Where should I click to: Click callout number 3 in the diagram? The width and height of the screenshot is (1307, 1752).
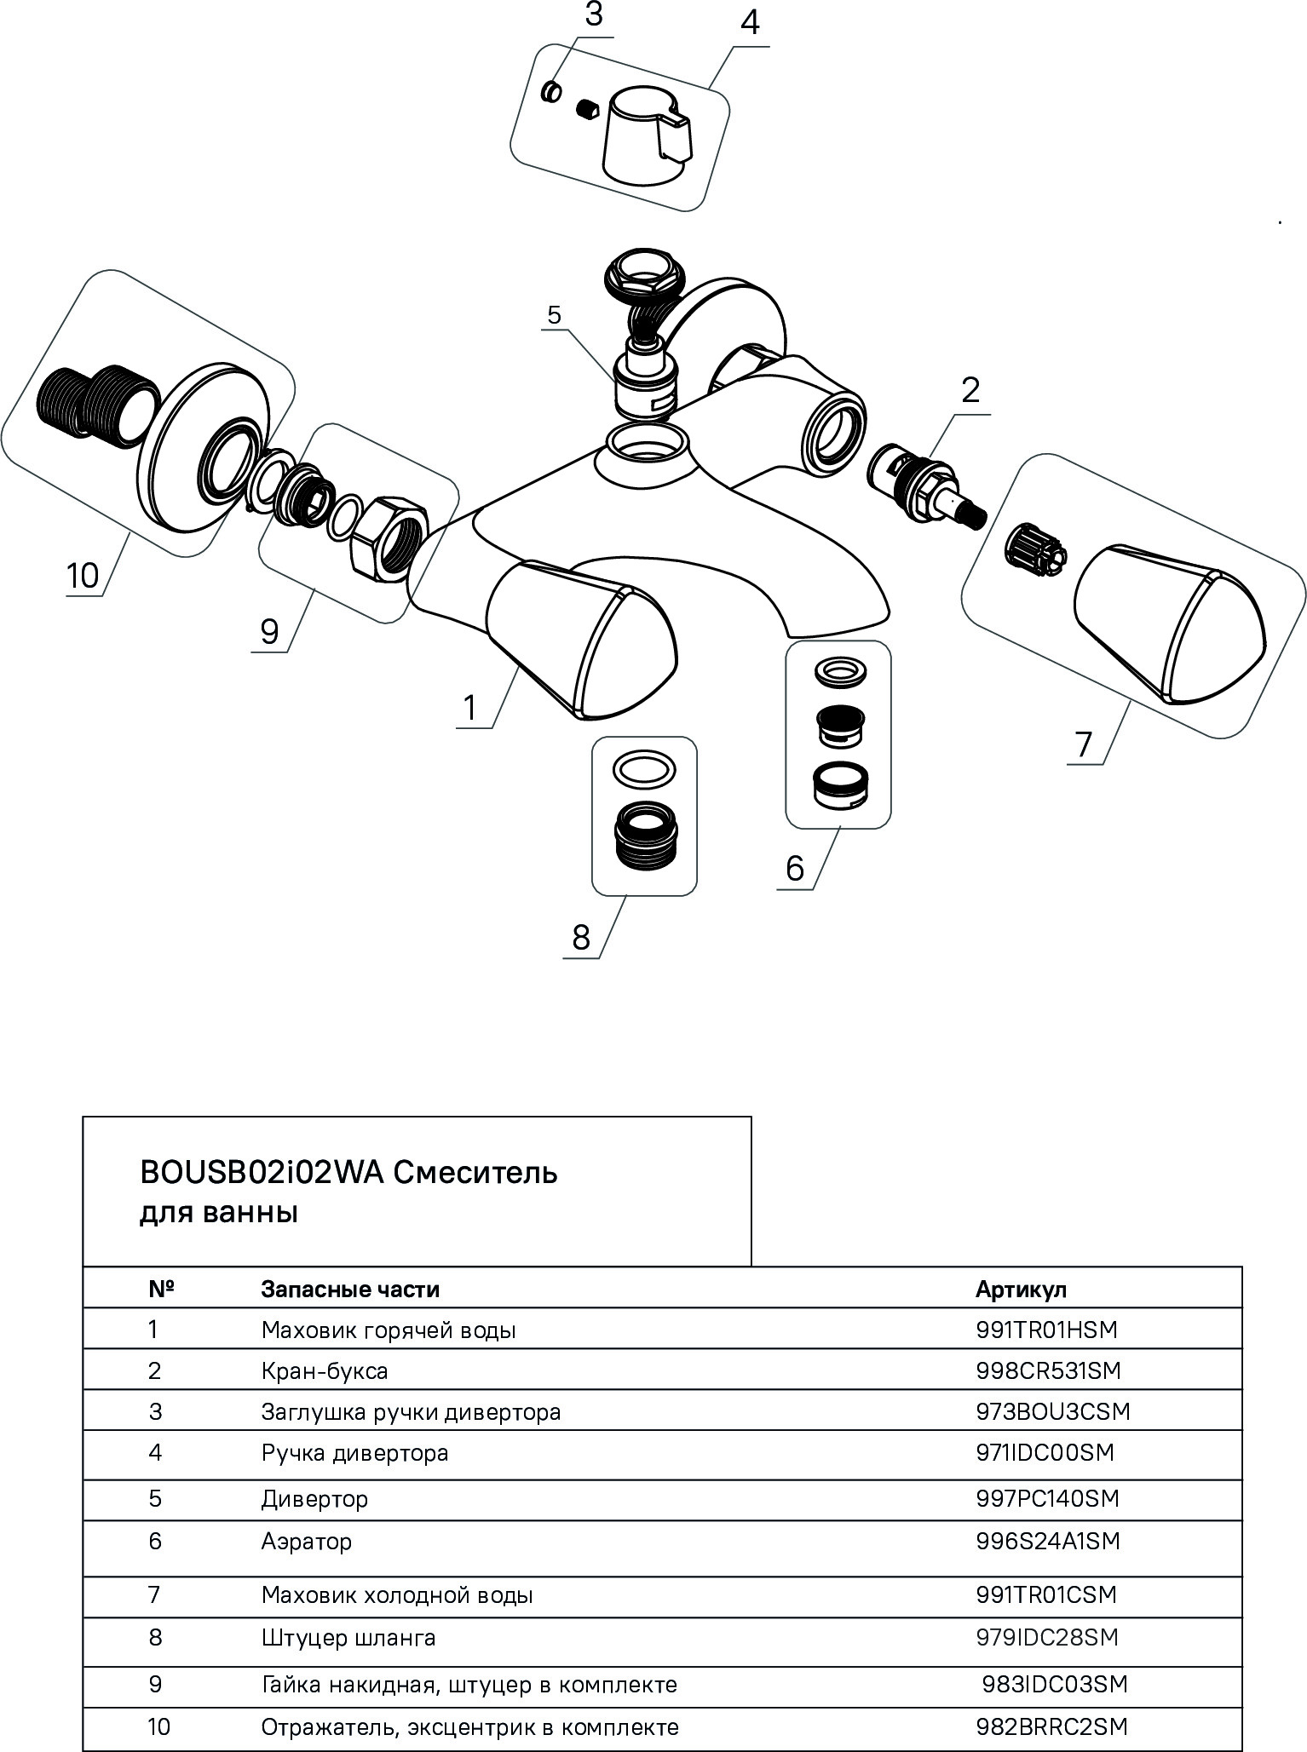(x=594, y=15)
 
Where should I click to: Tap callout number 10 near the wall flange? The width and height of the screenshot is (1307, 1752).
(x=83, y=577)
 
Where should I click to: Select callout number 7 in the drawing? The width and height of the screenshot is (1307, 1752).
(x=1084, y=744)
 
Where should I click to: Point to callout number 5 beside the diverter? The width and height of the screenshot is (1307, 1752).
(x=555, y=315)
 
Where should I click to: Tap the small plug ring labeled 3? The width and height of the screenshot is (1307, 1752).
(x=552, y=89)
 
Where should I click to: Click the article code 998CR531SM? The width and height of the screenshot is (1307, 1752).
(x=1048, y=1370)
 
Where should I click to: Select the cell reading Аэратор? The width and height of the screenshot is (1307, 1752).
(x=306, y=1541)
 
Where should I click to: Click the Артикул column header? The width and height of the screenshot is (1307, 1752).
(x=1020, y=1290)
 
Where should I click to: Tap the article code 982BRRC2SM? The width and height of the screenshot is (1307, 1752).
(x=1051, y=1726)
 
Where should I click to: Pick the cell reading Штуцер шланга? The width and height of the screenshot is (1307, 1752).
(x=348, y=1637)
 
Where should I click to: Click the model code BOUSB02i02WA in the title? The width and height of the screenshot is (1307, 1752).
(x=262, y=1173)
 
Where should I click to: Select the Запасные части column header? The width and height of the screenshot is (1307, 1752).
(x=350, y=1290)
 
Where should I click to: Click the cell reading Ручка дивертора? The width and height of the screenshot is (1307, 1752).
(x=354, y=1452)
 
